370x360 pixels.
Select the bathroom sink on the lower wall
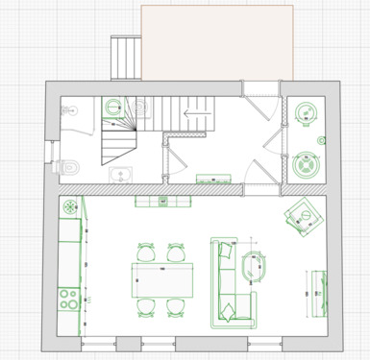[x=120, y=174]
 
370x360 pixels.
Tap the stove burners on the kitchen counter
[x=68, y=299]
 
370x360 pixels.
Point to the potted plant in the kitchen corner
[x=69, y=204]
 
